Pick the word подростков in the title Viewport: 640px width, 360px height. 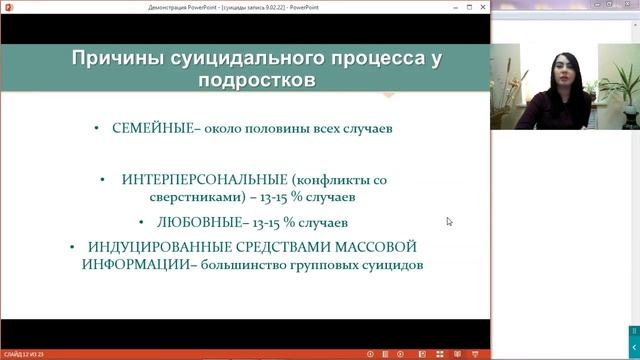point(255,80)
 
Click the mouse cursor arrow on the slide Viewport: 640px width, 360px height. point(449,221)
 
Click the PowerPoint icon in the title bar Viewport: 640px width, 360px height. point(5,5)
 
